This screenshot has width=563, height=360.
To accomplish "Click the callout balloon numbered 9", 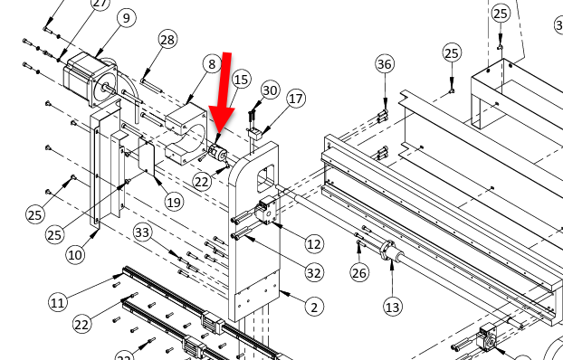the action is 127,17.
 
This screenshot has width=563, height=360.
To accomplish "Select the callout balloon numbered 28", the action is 167,40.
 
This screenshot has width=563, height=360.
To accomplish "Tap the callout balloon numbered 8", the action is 212,64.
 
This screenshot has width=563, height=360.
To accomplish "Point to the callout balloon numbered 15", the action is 242,80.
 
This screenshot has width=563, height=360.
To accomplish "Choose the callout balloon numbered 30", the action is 270,90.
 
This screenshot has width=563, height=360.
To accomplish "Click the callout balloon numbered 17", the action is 296,99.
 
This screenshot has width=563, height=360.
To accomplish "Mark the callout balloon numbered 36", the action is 385,64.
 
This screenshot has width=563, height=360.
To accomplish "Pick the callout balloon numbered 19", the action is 174,203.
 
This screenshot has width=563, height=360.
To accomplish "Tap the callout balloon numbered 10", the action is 75,255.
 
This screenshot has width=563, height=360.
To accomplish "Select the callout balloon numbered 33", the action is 142,232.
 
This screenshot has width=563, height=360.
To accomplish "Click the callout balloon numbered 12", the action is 314,244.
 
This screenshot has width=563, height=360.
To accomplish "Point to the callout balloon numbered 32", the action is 314,273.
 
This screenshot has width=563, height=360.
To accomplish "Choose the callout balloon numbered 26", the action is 359,273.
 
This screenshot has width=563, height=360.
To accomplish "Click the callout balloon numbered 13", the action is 393,307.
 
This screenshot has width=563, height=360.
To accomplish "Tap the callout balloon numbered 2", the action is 314,308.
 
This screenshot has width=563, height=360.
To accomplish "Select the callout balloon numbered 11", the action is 57,303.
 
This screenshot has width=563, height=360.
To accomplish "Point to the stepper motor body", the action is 91,79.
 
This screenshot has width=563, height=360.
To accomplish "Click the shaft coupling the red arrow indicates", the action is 218,154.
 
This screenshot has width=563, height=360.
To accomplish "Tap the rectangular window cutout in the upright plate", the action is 266,178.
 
